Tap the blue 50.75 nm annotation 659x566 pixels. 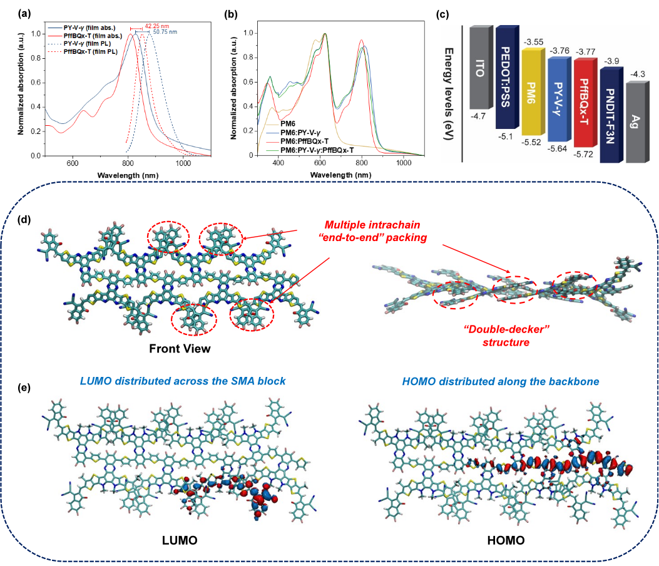[163, 31]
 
